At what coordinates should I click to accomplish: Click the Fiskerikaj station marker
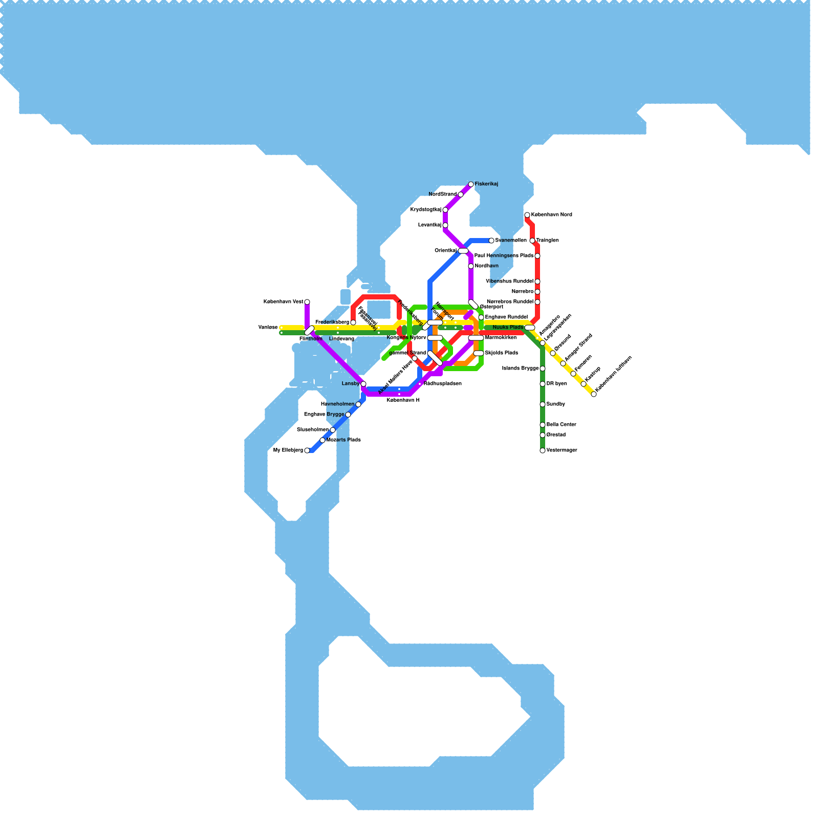click(x=471, y=184)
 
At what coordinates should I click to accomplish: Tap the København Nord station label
click(x=551, y=215)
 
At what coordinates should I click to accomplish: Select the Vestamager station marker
click(x=543, y=450)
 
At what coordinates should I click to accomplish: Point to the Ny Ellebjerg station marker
click(x=307, y=450)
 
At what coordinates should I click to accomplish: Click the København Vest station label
click(x=283, y=302)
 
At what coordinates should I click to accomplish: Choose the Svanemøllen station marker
click(x=491, y=241)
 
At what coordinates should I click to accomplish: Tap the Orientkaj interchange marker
click(x=463, y=251)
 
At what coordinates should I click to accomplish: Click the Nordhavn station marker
click(x=471, y=266)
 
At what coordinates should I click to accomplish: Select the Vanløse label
click(x=268, y=328)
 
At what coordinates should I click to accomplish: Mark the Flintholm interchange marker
click(x=309, y=331)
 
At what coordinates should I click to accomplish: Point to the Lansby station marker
click(x=363, y=384)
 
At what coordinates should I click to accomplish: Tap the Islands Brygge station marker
click(x=543, y=369)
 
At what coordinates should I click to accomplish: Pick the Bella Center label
click(x=561, y=425)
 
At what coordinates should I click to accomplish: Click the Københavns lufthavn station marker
click(x=594, y=394)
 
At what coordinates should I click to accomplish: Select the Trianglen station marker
click(x=532, y=241)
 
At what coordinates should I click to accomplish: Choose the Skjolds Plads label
click(x=501, y=353)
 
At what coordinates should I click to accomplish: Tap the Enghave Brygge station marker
click(x=348, y=415)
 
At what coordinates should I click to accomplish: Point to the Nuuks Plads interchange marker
click(x=530, y=328)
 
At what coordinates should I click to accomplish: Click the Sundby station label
click(x=555, y=404)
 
